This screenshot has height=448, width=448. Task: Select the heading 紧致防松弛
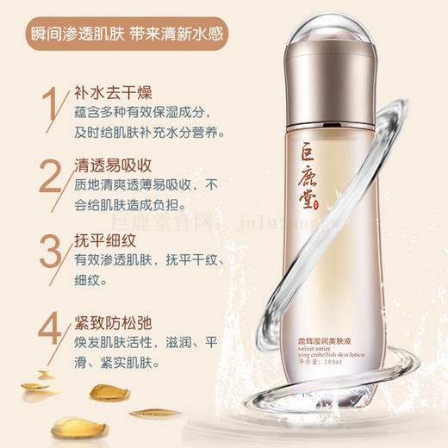[103, 324]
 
